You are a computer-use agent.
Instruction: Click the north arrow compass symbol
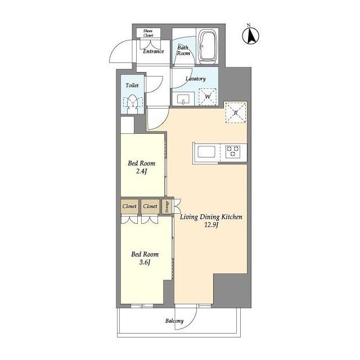[250, 34]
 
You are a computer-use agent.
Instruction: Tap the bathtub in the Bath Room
[208, 47]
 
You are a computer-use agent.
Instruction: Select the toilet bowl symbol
[133, 102]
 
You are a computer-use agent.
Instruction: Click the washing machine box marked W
[208, 97]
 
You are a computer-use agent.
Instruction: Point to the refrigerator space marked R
[236, 112]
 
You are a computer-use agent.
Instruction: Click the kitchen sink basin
[206, 152]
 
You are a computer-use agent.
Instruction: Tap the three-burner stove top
[233, 151]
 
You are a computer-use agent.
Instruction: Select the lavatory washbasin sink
[183, 100]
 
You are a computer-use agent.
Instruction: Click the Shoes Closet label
[148, 33]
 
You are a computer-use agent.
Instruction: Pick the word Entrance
[154, 51]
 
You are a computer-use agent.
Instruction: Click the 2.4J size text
[141, 171]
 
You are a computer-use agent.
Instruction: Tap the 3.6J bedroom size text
[145, 262]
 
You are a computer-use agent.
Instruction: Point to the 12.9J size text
[211, 225]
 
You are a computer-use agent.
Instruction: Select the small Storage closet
[166, 206]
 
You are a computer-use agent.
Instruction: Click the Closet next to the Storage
[150, 206]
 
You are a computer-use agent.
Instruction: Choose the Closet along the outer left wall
[129, 206]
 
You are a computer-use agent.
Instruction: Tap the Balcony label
[174, 321]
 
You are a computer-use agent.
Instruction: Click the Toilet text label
[132, 85]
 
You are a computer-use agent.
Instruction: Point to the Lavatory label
[196, 79]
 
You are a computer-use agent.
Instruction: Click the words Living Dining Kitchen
[211, 217]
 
